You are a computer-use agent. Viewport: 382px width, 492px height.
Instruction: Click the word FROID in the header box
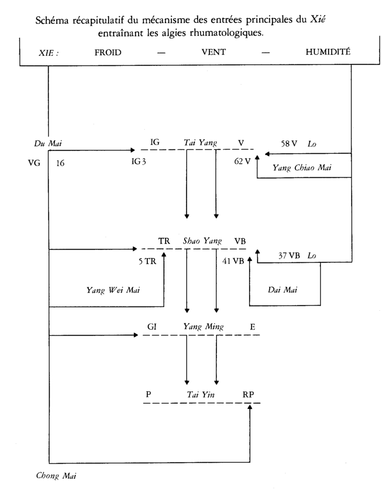pyautogui.click(x=108, y=54)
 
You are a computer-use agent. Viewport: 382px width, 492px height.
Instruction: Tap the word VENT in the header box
pyautogui.click(x=210, y=54)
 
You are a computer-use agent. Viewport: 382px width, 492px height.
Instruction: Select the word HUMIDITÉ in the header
pyautogui.click(x=329, y=54)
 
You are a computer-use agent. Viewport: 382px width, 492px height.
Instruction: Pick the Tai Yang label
pyautogui.click(x=201, y=142)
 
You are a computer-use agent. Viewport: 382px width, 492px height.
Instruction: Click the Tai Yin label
pyautogui.click(x=201, y=395)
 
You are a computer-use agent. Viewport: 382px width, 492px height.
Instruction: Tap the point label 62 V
pyautogui.click(x=243, y=161)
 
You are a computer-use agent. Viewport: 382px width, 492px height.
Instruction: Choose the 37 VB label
pyautogui.click(x=289, y=256)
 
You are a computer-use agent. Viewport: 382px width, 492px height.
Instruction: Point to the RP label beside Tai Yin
pyautogui.click(x=249, y=395)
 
